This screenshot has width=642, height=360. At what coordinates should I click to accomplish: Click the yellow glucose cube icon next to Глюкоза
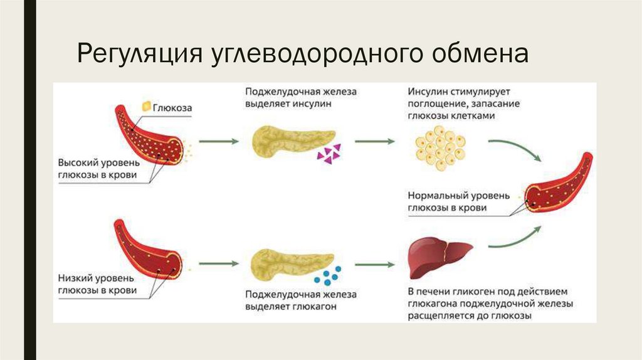146,107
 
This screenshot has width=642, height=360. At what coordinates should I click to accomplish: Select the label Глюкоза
172,109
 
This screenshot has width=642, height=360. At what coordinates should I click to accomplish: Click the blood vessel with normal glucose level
560,186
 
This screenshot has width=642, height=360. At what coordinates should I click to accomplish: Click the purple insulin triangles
328,153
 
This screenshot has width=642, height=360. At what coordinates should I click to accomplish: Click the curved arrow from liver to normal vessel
515,239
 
